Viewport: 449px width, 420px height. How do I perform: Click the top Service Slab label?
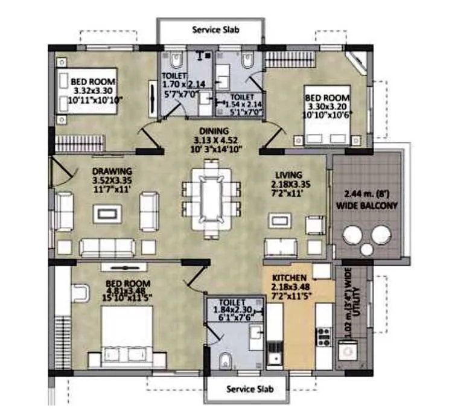(x=211, y=29)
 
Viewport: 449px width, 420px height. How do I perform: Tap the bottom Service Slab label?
(x=250, y=389)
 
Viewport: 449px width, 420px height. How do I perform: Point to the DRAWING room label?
(x=112, y=171)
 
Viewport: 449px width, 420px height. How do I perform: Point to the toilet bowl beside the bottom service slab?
(x=224, y=361)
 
